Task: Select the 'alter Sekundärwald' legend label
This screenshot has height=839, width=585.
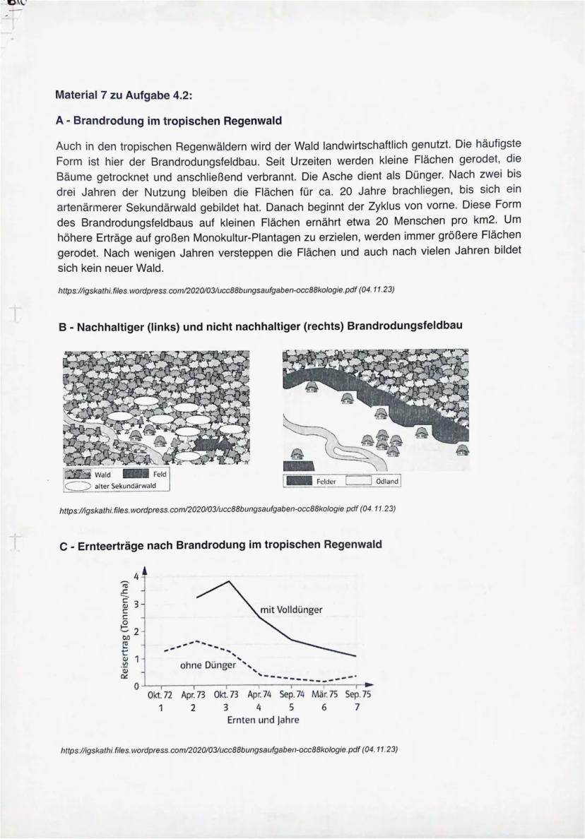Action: point(124,485)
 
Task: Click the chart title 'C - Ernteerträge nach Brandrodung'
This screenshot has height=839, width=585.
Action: point(220,545)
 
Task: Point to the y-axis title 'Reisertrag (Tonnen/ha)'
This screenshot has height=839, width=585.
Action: point(124,629)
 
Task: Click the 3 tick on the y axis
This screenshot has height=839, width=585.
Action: point(138,605)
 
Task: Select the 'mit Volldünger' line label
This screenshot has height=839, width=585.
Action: point(291,609)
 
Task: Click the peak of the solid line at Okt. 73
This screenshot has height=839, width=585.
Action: point(228,581)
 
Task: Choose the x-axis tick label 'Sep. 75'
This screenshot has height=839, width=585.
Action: point(356,695)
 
